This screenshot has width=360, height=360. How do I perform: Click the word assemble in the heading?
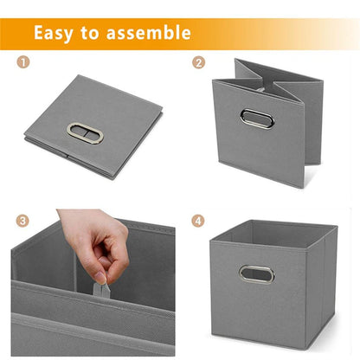tap(148, 34)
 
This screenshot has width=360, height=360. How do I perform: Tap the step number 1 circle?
tap(22, 63)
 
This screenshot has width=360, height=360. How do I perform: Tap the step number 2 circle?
tap(199, 63)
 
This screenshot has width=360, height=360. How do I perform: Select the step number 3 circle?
tap(22, 221)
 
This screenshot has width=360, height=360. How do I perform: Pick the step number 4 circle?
tap(199, 221)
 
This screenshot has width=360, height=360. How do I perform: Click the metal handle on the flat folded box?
tap(85, 133)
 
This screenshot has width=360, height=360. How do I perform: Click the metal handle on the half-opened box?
tap(257, 119)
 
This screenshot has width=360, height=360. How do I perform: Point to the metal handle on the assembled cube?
tap(256, 274)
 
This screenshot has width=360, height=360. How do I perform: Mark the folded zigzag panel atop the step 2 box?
tap(277, 80)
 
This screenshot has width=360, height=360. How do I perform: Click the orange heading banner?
tap(260, 34)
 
